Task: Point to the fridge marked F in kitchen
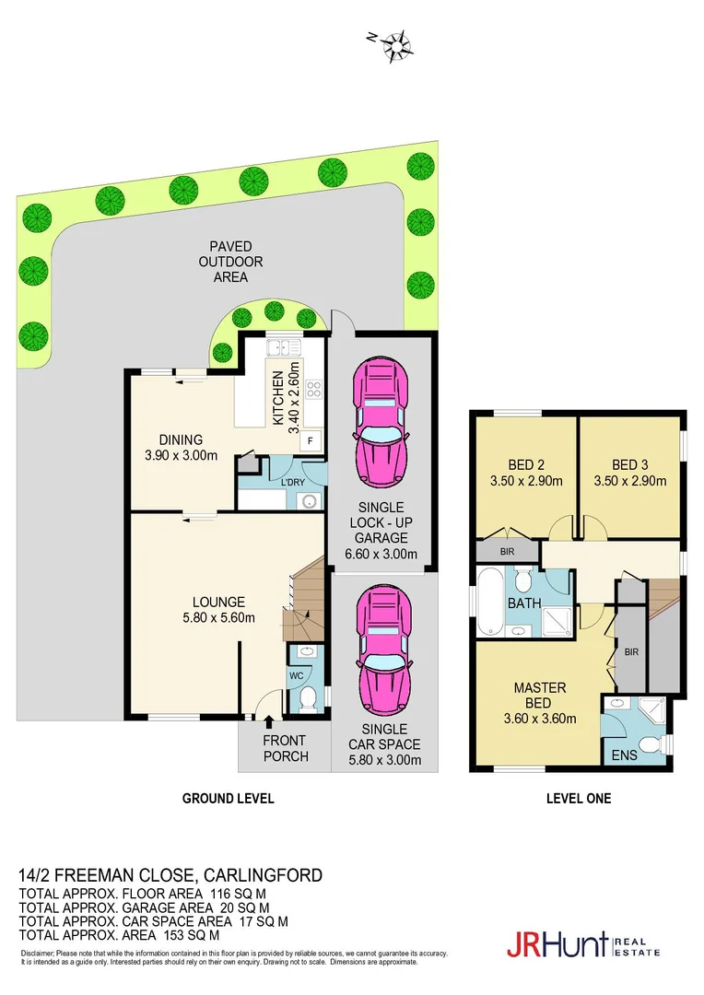311,440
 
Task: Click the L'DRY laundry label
292,483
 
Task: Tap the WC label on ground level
297,675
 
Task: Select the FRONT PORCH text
285,748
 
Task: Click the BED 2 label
526,464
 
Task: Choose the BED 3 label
629,464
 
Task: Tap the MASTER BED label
539,696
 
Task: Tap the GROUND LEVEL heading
227,799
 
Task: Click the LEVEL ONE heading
578,799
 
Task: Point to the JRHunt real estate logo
581,945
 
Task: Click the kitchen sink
279,347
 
